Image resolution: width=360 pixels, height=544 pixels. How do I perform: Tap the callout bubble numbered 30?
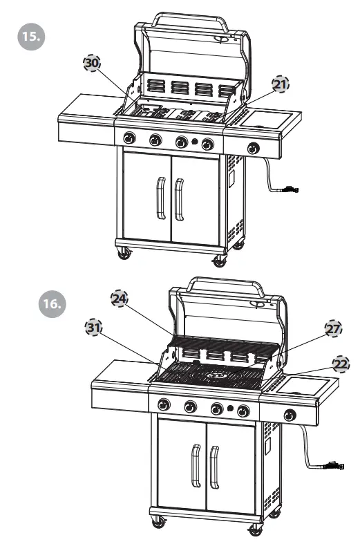click(x=91, y=63)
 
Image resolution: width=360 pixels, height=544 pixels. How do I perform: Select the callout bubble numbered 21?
click(x=280, y=84)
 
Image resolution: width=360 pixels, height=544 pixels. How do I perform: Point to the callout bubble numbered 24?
click(x=120, y=298)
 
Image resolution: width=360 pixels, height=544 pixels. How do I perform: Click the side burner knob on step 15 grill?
click(x=254, y=148)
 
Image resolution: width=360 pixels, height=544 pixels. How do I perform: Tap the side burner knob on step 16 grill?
click(x=289, y=415)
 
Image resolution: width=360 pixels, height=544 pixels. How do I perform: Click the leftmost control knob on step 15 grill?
click(x=129, y=139)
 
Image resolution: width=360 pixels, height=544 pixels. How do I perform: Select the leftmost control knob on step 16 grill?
click(x=164, y=404)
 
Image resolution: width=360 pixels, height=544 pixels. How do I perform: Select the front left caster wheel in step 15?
click(x=125, y=254)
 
